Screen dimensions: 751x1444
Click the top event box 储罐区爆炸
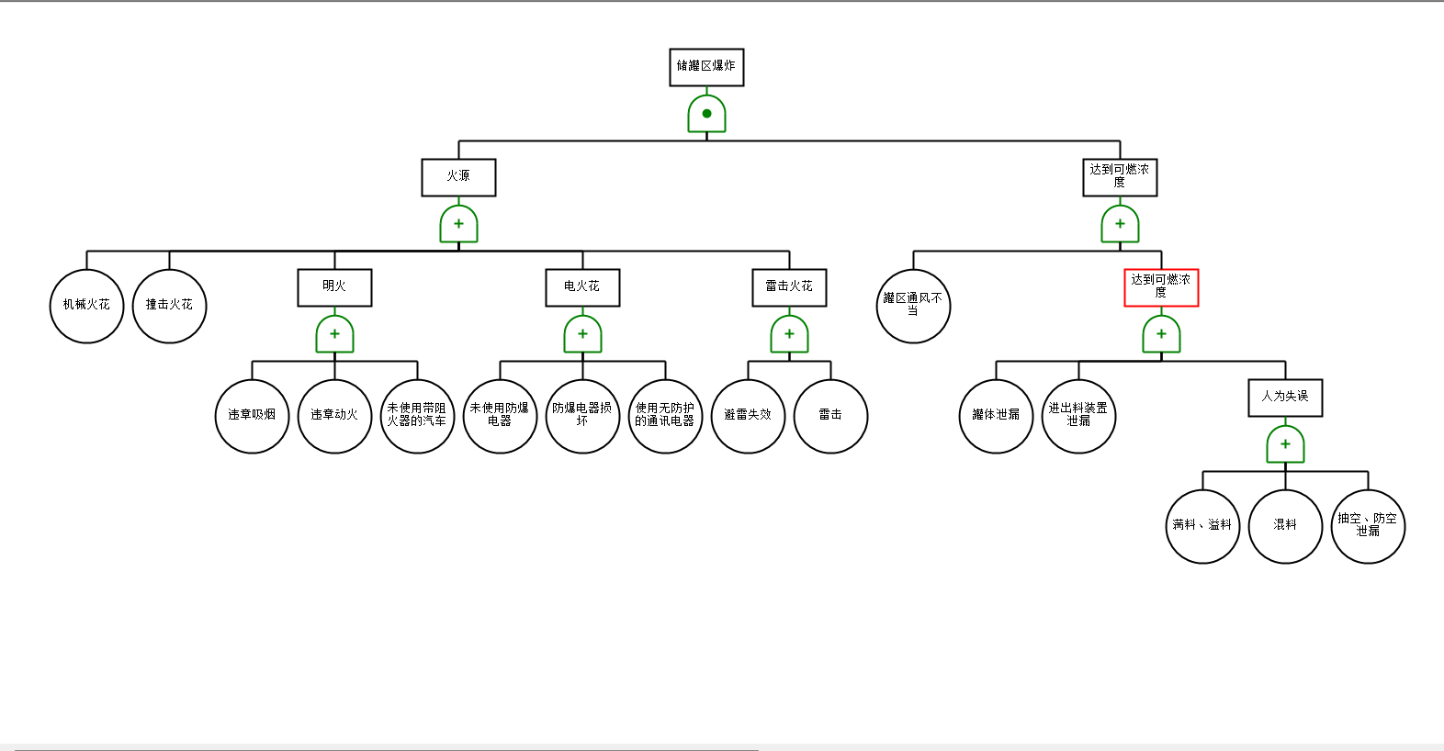click(x=706, y=67)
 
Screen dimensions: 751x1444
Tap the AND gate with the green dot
click(x=706, y=114)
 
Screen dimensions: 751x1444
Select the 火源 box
click(x=458, y=177)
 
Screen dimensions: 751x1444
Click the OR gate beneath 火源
click(x=458, y=224)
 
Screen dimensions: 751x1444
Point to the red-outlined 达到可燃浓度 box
click(x=1161, y=287)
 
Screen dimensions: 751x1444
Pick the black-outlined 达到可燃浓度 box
click(x=1120, y=177)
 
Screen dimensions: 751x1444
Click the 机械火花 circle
click(x=86, y=306)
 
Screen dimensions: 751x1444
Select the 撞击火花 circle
click(x=169, y=306)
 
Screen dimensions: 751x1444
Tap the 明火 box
click(x=334, y=287)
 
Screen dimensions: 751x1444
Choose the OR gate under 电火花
click(x=582, y=334)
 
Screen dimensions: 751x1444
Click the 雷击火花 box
click(x=789, y=287)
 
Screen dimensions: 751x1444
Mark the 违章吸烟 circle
click(x=252, y=416)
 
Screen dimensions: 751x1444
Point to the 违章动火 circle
click(x=334, y=416)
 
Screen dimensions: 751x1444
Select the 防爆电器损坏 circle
click(x=582, y=416)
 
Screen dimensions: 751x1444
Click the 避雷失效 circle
click(x=748, y=416)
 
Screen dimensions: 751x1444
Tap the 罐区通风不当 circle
click(x=913, y=306)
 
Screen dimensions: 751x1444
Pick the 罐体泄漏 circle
click(x=996, y=416)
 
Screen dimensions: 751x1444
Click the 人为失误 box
click(x=1285, y=398)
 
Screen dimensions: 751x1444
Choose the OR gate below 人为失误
click(x=1285, y=444)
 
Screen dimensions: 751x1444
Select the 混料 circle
click(x=1285, y=526)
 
